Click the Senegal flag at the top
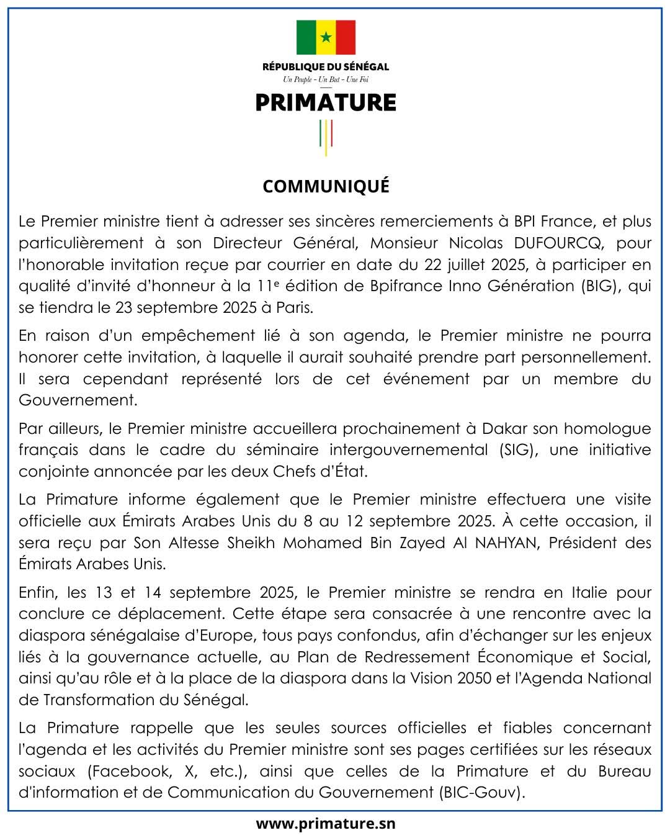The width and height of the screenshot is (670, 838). click(x=326, y=37)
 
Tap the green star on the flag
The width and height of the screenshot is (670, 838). click(x=326, y=37)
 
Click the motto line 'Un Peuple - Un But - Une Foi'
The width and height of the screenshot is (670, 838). click(x=326, y=79)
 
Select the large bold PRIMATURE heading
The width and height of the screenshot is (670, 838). click(x=326, y=102)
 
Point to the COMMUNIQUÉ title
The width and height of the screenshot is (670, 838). click(x=326, y=186)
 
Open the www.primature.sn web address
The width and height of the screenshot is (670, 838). click(x=326, y=824)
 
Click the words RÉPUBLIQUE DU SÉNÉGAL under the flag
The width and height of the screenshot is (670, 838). click(x=326, y=66)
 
